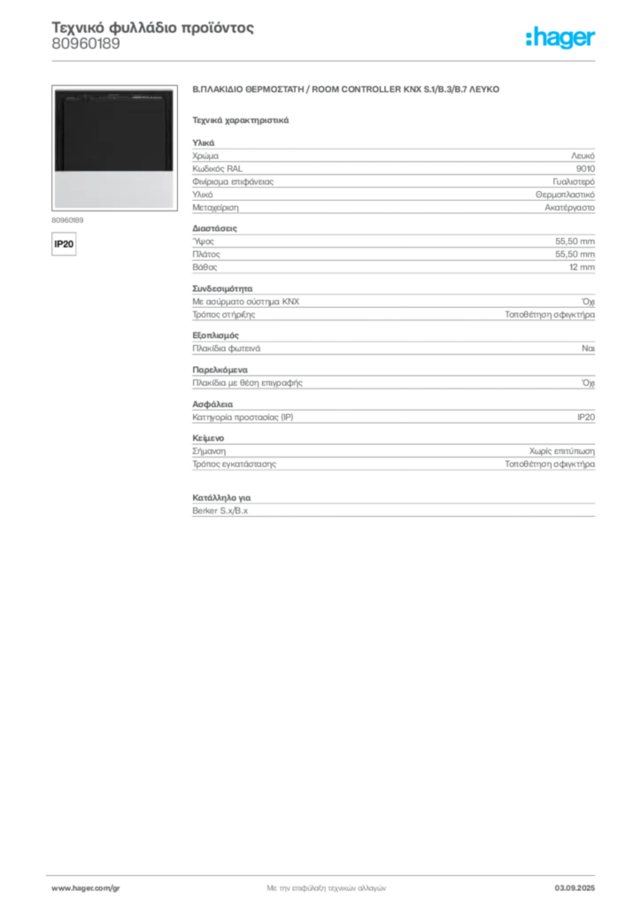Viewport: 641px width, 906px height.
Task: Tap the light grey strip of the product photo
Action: [113, 189]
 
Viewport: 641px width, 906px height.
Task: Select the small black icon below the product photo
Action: [63, 242]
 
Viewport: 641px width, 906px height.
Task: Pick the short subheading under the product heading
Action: [240, 119]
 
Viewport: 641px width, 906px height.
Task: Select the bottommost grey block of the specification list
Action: [392, 509]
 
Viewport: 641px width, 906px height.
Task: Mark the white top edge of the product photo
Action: [113, 88]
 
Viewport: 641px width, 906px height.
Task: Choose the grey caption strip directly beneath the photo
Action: [67, 219]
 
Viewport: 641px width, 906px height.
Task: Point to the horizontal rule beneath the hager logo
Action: [354, 59]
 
